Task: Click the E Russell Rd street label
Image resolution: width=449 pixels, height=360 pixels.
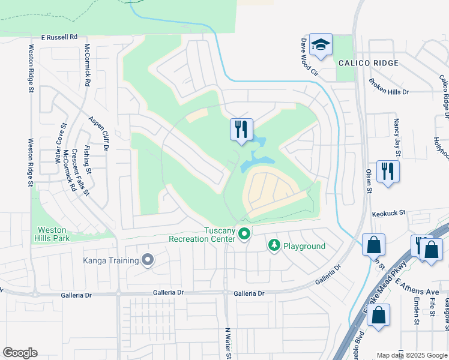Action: [59, 37]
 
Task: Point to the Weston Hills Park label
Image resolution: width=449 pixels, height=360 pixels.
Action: [53, 234]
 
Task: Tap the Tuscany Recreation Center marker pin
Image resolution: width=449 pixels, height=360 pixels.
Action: [244, 233]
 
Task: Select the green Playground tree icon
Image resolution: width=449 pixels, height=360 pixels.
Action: [274, 245]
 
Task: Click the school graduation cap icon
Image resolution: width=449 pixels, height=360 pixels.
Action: [321, 44]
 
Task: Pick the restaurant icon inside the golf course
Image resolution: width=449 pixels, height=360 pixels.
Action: [241, 129]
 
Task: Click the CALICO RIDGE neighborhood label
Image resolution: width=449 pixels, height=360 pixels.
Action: [368, 63]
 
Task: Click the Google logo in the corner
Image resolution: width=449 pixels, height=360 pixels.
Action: [20, 353]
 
